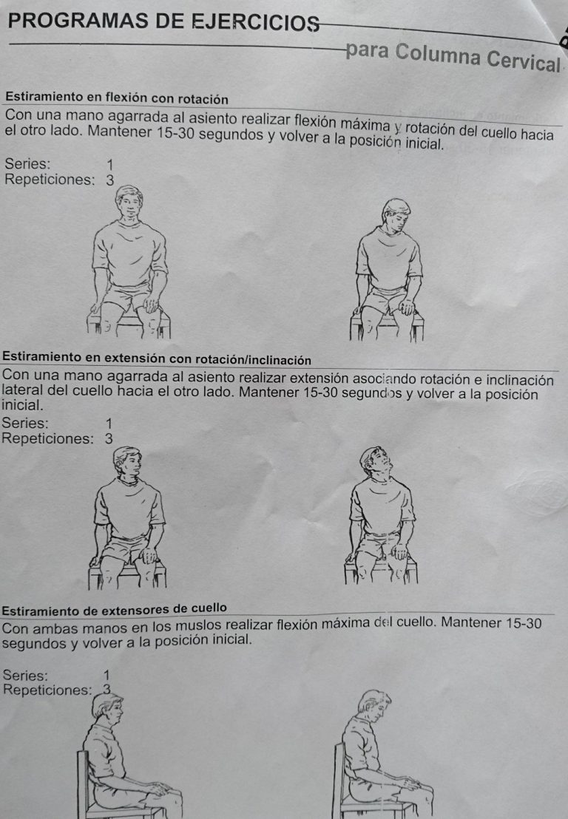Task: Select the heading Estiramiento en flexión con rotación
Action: click(x=116, y=98)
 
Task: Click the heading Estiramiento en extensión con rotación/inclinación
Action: click(x=158, y=359)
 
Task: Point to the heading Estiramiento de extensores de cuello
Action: click(x=115, y=609)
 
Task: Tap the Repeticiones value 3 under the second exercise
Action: click(x=109, y=438)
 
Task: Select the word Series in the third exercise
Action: click(x=26, y=675)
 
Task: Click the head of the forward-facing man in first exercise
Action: click(x=129, y=204)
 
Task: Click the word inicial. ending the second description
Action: click(x=24, y=406)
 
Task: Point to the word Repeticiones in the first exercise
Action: click(x=50, y=179)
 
